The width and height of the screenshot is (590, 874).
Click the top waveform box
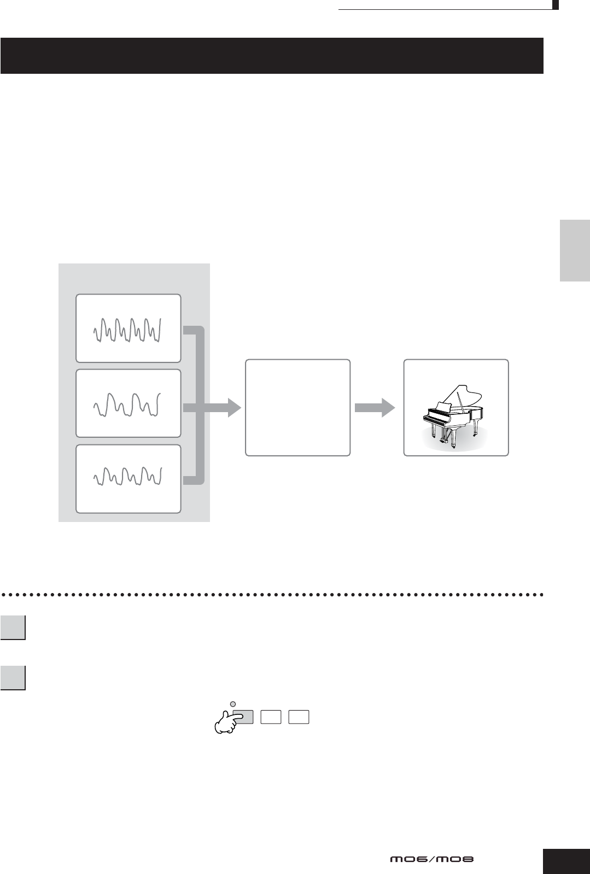tap(128, 328)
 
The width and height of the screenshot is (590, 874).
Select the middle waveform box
tap(128, 403)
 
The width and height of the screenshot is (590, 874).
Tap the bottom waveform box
tap(128, 479)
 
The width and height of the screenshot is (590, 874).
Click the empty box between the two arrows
tap(297, 407)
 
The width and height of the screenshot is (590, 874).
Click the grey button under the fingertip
tap(246, 717)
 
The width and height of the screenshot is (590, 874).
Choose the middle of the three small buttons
tap(271, 717)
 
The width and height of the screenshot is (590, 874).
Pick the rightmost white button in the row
tap(299, 717)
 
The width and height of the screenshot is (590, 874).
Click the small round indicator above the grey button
tap(232, 703)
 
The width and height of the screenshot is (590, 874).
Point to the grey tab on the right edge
tap(575, 250)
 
